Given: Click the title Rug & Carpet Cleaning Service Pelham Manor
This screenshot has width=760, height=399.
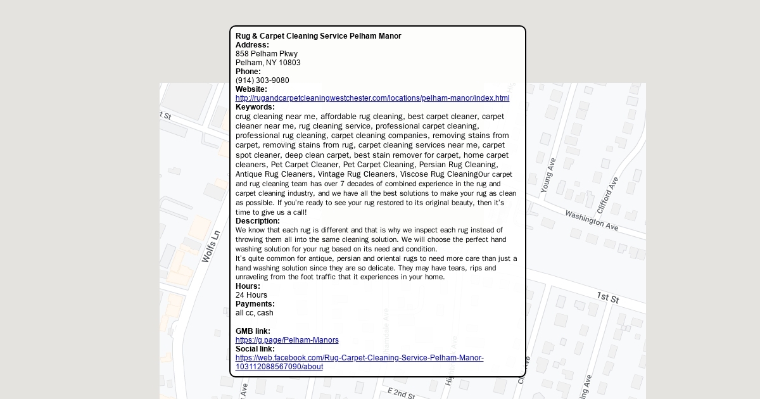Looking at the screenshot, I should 318,36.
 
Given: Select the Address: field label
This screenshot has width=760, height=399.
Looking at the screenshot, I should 252,45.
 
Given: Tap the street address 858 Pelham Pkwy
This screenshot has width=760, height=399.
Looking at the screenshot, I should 266,54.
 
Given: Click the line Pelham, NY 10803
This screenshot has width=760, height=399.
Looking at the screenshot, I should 268,63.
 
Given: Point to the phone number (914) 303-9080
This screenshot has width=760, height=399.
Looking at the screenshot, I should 262,80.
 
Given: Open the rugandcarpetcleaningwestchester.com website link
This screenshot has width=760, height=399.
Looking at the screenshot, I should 372,98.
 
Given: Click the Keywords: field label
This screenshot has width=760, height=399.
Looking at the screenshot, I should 255,107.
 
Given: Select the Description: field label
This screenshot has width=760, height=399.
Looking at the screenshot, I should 257,221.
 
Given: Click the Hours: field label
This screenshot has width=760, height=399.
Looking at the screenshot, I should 248,286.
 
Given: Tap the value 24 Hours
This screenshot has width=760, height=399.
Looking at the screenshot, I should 251,295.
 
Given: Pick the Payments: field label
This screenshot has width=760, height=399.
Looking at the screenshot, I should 255,304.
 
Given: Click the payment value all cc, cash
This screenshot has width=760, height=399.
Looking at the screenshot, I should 255,313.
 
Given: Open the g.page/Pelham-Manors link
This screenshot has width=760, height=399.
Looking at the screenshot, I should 287,340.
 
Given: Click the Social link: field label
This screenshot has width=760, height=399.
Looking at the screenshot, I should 255,349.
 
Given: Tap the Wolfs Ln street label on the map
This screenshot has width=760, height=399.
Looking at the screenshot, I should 211,246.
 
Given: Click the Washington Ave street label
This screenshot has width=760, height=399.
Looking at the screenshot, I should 592,220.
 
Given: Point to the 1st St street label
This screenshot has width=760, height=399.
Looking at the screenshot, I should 607,297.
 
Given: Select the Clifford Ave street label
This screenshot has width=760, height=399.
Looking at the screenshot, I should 607,193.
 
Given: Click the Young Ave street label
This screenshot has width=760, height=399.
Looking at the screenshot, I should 548,175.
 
